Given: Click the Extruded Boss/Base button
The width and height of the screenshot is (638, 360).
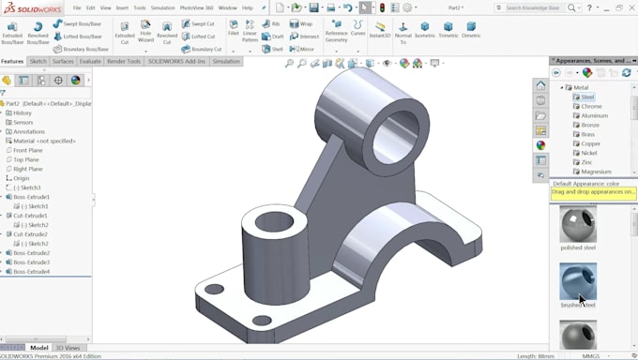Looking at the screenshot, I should [12, 32].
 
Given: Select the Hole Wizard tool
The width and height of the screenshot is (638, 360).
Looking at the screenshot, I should [145, 32].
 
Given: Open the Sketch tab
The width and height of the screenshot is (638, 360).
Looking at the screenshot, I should [38, 61].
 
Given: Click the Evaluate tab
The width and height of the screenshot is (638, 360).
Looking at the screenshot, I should [90, 61].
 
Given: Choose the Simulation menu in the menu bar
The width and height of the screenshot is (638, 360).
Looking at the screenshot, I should [162, 7].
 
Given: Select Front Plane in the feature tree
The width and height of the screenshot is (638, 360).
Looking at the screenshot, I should [27, 150].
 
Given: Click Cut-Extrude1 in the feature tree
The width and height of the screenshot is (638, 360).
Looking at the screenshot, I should [30, 216].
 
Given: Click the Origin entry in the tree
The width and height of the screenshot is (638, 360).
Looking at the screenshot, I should [22, 178].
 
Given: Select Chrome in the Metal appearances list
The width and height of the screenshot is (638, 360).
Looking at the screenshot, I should [591, 106].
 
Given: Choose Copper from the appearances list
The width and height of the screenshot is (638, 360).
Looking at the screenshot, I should [591, 143].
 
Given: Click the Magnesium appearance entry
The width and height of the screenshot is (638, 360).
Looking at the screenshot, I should [596, 172].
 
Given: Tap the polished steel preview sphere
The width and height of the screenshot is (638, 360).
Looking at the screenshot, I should [578, 224].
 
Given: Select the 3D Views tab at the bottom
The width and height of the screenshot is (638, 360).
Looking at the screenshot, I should [68, 348].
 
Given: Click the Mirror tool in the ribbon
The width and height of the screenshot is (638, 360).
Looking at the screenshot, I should [302, 49].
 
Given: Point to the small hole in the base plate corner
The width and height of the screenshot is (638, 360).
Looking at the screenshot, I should [215, 289].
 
